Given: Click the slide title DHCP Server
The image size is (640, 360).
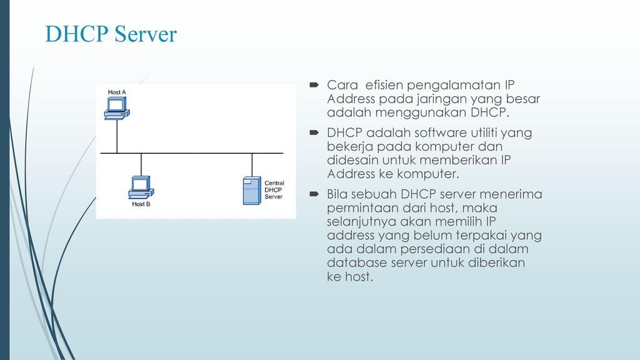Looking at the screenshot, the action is (111, 34).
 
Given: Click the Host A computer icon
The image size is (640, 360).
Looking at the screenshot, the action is (117, 108).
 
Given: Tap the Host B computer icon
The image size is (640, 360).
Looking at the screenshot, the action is (141, 187).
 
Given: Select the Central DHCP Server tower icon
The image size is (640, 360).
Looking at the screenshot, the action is (252, 191).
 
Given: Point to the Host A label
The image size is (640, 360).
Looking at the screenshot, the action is (117, 92).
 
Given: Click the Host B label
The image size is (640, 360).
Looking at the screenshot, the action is (141, 204).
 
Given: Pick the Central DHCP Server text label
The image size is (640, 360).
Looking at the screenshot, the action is (274, 190).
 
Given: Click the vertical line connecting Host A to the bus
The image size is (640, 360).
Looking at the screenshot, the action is (117, 136).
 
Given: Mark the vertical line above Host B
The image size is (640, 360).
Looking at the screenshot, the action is (141, 164).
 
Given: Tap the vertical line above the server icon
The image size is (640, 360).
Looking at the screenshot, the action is (252, 165).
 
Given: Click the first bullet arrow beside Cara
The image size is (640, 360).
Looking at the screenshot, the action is (314, 85).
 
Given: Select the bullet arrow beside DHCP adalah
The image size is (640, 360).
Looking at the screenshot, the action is (314, 132).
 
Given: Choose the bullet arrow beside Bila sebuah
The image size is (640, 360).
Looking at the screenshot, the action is (314, 194).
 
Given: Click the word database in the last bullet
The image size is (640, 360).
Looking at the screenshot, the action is (357, 262).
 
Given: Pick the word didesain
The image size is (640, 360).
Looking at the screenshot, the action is (353, 160).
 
